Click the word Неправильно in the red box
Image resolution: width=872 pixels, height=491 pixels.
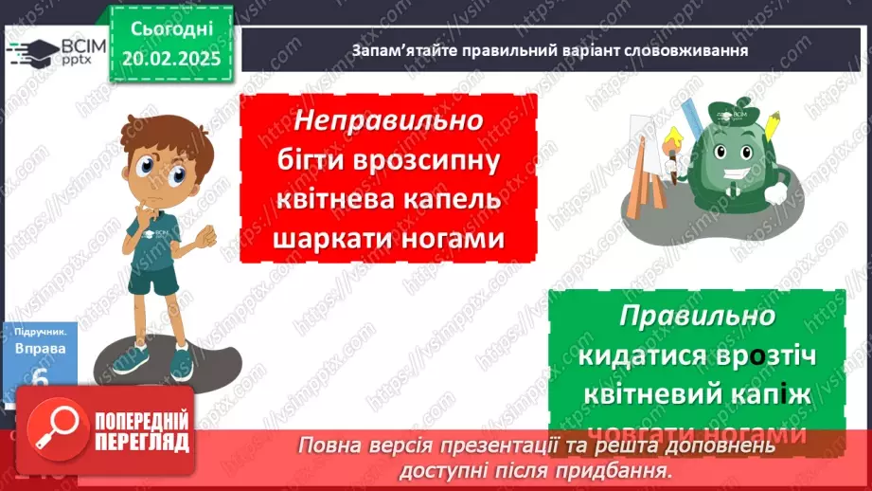(x=388, y=121)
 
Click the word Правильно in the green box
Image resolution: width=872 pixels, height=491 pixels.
(x=698, y=316)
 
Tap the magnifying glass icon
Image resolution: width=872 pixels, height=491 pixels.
(x=53, y=432)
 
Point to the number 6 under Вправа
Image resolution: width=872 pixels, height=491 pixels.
(x=40, y=378)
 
